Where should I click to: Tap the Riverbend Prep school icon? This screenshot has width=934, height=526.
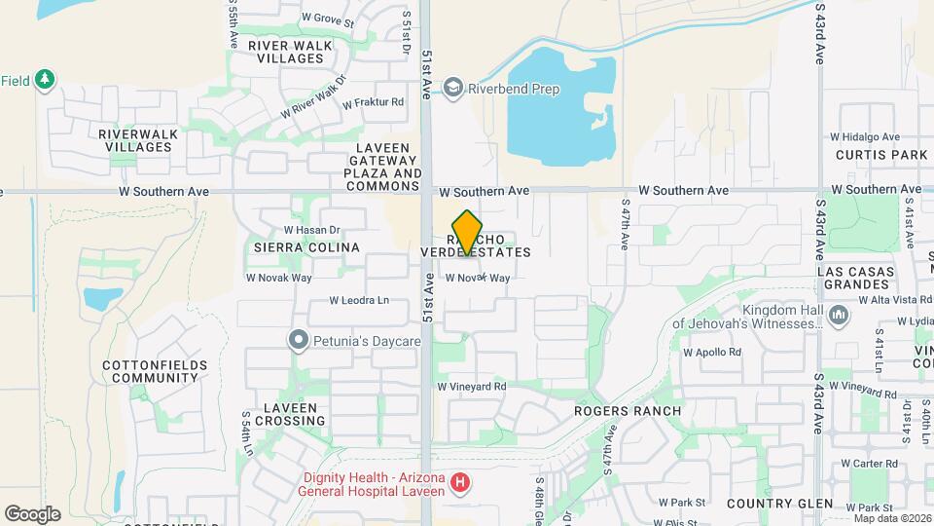click(x=452, y=89)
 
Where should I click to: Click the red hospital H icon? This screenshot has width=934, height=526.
click(x=461, y=482)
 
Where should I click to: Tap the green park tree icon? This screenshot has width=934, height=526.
click(x=44, y=81)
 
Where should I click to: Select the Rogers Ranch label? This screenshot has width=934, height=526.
click(x=627, y=411)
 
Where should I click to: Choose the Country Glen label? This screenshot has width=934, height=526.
click(x=779, y=504)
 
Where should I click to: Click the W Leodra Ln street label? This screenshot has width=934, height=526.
click(x=358, y=301)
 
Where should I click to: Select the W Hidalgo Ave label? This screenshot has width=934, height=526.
click(x=868, y=137)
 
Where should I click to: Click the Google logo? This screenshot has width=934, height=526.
click(x=31, y=514)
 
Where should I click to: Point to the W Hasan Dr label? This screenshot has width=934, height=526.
click(x=311, y=230)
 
